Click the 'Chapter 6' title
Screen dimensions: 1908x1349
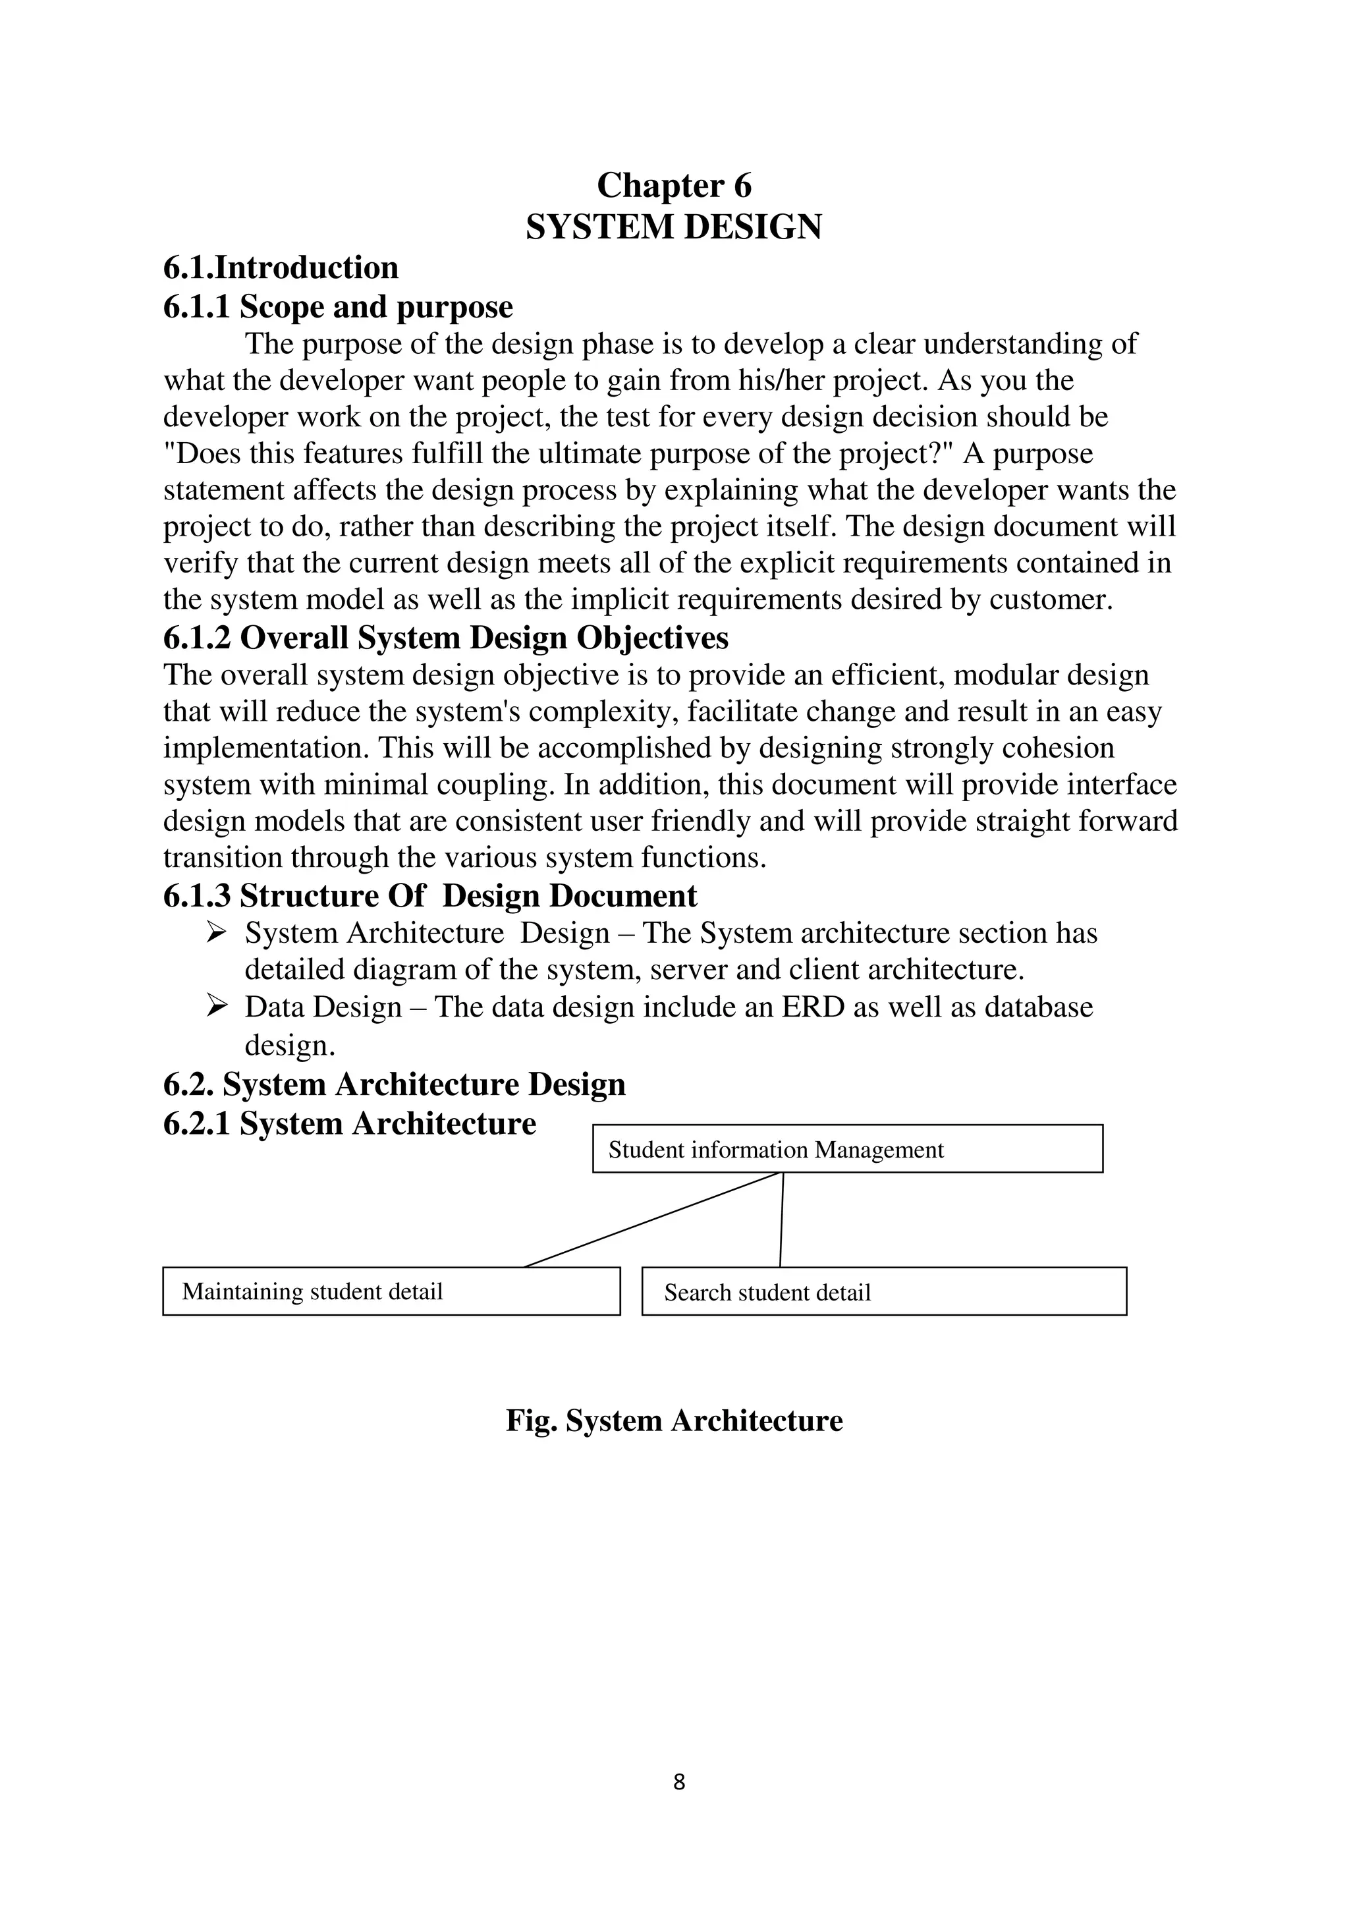pyautogui.click(x=674, y=185)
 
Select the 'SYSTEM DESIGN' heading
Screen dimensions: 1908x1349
pyautogui.click(x=674, y=227)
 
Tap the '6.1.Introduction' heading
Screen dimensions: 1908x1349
pyautogui.click(x=281, y=267)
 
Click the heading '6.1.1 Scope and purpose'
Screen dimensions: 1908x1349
pyautogui.click(x=338, y=306)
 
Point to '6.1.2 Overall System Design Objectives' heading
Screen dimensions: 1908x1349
pyautogui.click(x=446, y=637)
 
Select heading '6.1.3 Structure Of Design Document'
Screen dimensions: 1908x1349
pyautogui.click(x=430, y=896)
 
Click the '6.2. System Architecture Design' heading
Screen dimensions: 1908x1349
pyautogui.click(x=395, y=1084)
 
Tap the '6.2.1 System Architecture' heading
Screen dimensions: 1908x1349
pyautogui.click(x=350, y=1123)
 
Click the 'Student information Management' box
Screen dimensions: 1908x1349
pyautogui.click(x=847, y=1149)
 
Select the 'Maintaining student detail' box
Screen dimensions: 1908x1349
pyautogui.click(x=391, y=1291)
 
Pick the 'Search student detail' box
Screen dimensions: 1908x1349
pyautogui.click(x=884, y=1292)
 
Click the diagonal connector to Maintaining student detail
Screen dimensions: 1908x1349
pyautogui.click(x=653, y=1220)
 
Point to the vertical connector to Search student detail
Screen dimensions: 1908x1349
pyautogui.click(x=782, y=1220)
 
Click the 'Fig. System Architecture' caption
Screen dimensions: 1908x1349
pyautogui.click(x=674, y=1420)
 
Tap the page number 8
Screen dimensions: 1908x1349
pyautogui.click(x=678, y=1782)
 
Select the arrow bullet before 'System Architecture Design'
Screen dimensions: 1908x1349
pyautogui.click(x=217, y=933)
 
